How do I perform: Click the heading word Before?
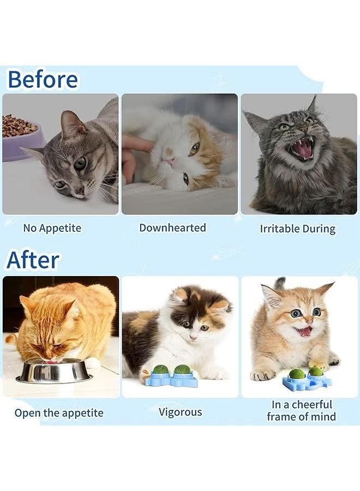(43, 80)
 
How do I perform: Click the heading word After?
(33, 260)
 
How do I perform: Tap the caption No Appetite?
(52, 228)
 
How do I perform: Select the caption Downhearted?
(172, 227)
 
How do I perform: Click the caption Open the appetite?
(59, 412)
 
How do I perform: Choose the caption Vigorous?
(180, 412)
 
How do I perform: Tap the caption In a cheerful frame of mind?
(301, 411)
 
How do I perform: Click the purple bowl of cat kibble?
(22, 139)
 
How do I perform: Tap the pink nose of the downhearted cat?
(170, 161)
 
